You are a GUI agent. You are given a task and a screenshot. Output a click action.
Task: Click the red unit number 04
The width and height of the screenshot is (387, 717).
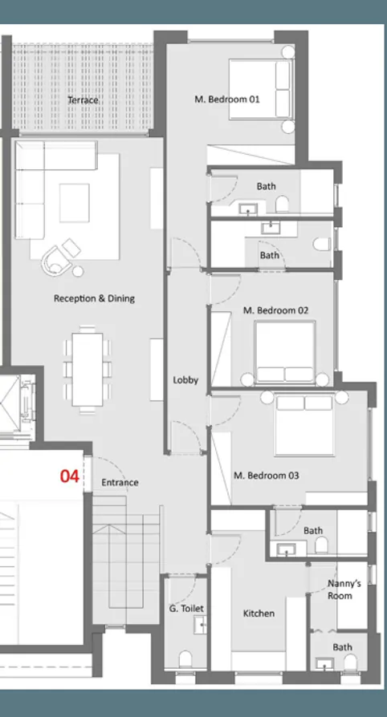pyautogui.click(x=70, y=476)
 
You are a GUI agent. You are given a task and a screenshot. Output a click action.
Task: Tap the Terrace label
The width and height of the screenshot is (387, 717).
pyautogui.click(x=83, y=100)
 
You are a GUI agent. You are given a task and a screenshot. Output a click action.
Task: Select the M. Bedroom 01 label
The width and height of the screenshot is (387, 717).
pyautogui.click(x=227, y=100)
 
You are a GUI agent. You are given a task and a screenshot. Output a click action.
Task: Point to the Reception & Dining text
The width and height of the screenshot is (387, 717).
pyautogui.click(x=94, y=298)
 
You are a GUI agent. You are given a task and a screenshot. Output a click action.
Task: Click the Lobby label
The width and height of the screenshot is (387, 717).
pyautogui.click(x=185, y=380)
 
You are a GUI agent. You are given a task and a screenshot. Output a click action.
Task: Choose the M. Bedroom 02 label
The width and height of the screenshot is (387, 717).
pyautogui.click(x=275, y=310)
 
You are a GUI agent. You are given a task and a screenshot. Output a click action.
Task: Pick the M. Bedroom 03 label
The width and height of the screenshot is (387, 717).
pyautogui.click(x=266, y=476)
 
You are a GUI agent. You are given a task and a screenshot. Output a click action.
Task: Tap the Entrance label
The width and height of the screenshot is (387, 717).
pyautogui.click(x=120, y=483)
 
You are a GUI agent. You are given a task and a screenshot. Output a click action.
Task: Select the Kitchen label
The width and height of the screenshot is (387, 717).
pyautogui.click(x=259, y=614)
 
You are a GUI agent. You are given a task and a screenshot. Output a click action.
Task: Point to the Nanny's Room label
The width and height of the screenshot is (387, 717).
pyautogui.click(x=344, y=589)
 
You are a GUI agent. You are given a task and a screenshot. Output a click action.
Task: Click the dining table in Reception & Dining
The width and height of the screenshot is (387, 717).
pyautogui.click(x=87, y=368)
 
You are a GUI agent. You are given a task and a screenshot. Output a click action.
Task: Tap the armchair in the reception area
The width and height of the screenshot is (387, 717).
pyautogui.click(x=57, y=258)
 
